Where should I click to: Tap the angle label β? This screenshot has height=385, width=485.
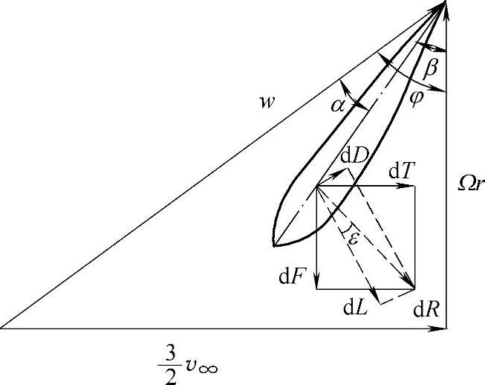(431, 69)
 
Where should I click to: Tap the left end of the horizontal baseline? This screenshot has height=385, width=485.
(2, 327)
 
